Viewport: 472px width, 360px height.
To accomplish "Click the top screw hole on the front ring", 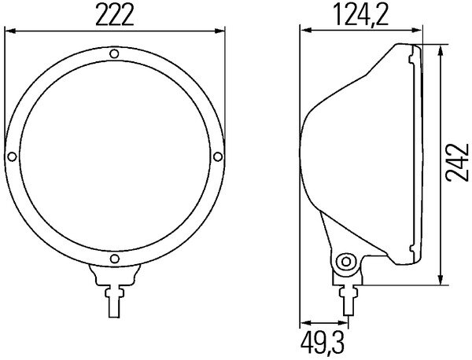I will point(114,54).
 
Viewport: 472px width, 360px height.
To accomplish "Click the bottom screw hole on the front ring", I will point(114,259).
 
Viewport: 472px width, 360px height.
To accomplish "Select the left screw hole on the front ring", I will point(11,156).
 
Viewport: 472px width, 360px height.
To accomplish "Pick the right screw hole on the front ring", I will point(217,156).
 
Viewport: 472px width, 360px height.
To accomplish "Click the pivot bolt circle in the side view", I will point(344,261).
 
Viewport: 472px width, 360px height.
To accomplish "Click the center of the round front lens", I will point(114,156).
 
